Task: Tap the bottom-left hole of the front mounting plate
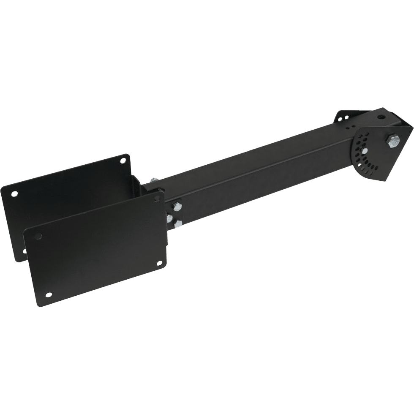point(49,294)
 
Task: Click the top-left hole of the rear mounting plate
point(15,193)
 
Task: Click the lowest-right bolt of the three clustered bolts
point(177,223)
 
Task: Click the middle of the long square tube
point(253,165)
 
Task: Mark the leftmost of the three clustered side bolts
point(170,218)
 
